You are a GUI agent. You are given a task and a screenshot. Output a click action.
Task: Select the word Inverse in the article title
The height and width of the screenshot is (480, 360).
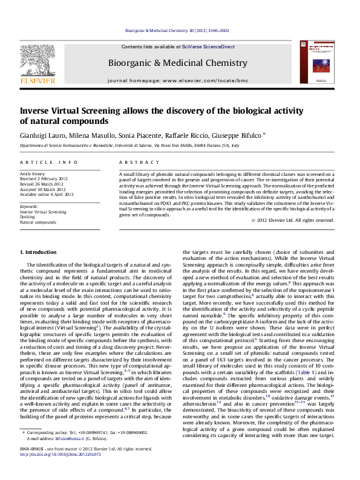[x=38, y=111]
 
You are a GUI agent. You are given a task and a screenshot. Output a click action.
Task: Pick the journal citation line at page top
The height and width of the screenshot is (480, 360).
[x=180, y=30]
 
